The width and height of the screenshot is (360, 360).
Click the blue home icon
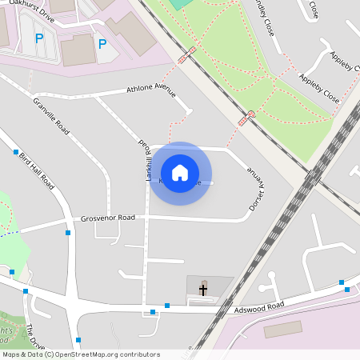(180, 173)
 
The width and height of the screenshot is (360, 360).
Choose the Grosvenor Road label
(107, 218)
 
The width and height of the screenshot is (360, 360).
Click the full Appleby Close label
(319, 90)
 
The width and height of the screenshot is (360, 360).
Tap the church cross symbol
(203, 289)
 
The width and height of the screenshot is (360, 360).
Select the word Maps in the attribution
(11, 354)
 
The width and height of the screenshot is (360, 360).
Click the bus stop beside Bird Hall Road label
(15, 151)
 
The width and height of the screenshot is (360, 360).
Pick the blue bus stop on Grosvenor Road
(68, 233)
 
